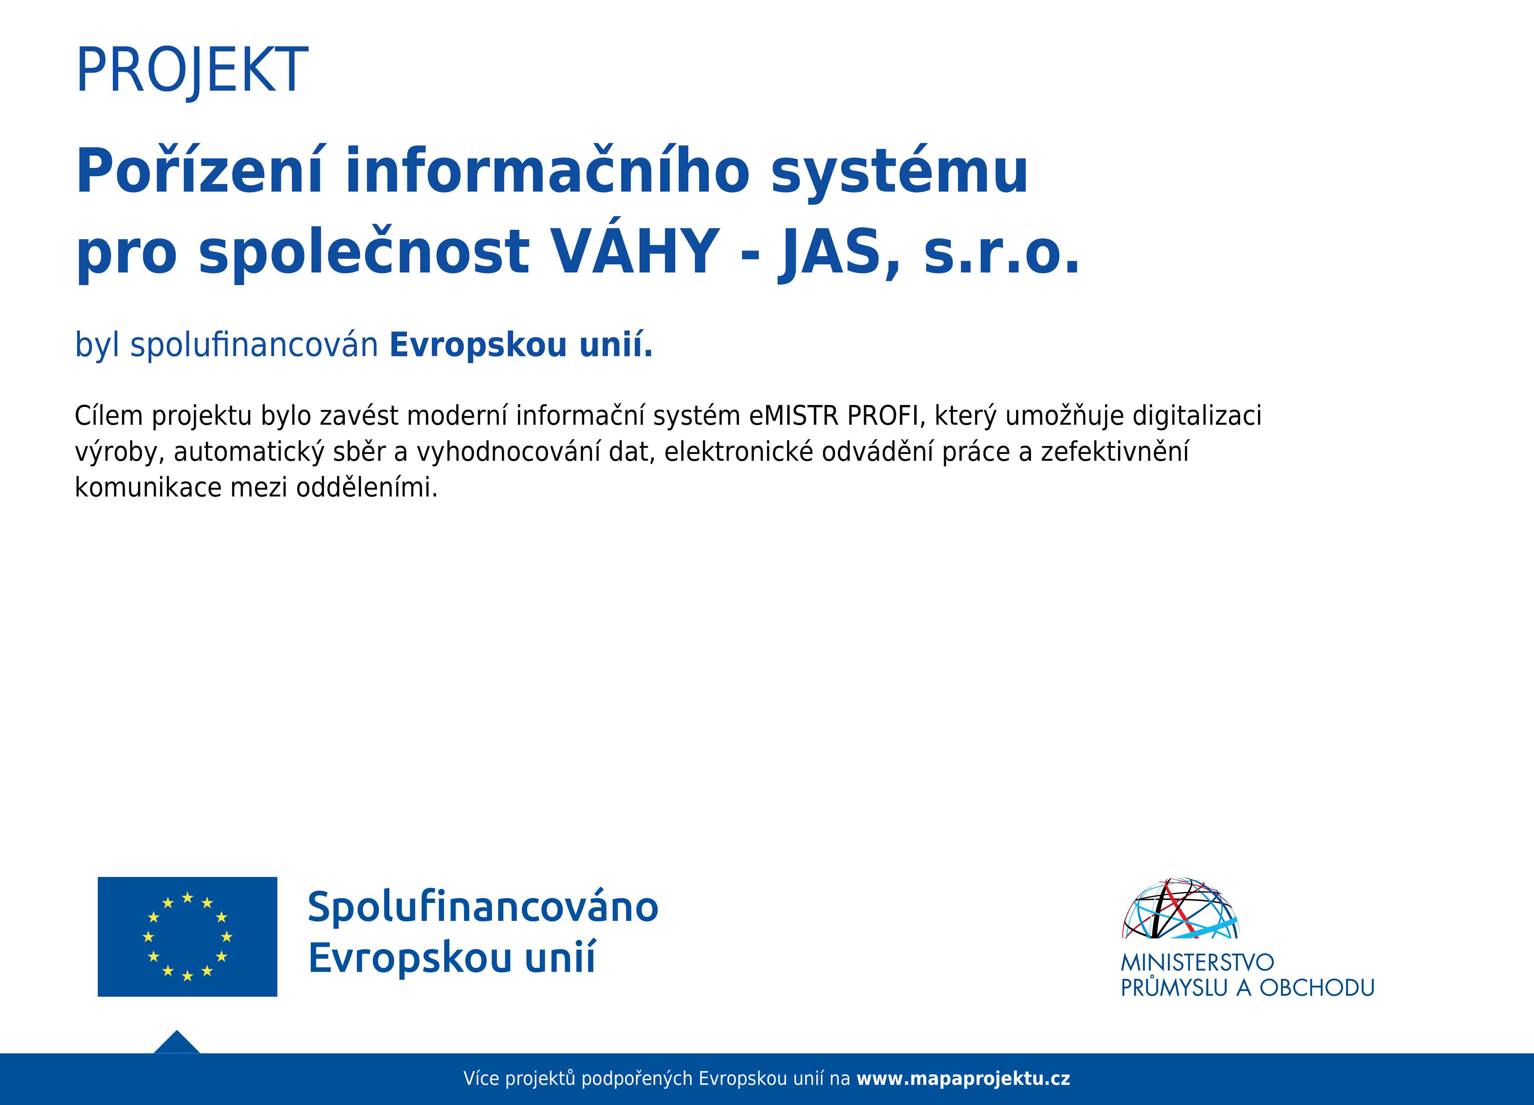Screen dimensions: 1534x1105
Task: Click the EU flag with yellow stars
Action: (187, 936)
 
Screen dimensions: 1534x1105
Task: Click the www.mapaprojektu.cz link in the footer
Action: (963, 1079)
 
